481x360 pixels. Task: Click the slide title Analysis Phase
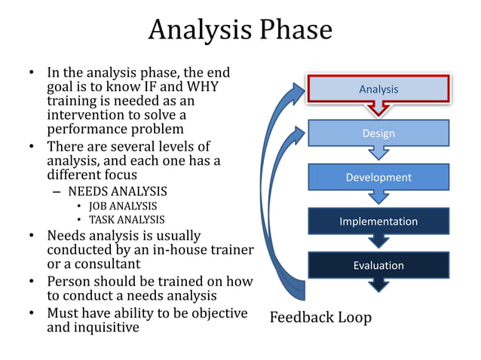240,30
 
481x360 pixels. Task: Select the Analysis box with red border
378,90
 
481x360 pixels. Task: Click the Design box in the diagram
378,133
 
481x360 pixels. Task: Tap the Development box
378,177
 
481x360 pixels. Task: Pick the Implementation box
378,221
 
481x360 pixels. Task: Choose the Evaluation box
378,265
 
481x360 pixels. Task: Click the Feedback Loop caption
320,317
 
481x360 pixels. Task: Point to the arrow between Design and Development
378,154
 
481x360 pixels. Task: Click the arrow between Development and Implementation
378,197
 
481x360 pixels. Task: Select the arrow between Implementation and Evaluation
378,241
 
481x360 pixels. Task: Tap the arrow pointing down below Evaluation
378,285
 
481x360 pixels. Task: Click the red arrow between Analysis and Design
378,111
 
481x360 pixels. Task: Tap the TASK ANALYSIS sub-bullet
127,219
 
